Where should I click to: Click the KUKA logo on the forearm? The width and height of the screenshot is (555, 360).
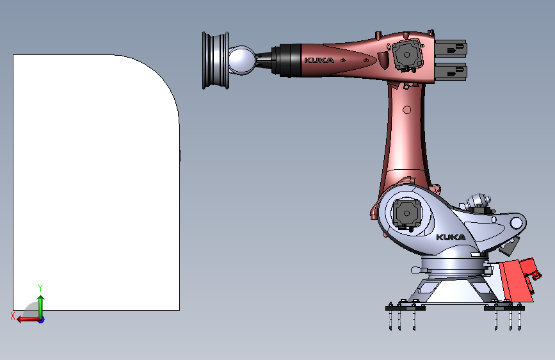coord(318,60)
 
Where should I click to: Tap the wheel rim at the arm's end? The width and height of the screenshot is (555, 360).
coord(213,60)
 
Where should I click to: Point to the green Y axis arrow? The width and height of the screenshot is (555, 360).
coord(40,304)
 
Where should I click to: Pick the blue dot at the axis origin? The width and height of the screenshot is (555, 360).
coord(40,319)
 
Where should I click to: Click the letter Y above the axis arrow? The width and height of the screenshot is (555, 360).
coord(40,288)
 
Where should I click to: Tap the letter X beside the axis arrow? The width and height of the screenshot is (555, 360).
coord(12,315)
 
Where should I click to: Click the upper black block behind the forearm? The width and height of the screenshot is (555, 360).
coord(451,47)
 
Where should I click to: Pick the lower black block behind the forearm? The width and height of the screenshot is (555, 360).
coord(451,72)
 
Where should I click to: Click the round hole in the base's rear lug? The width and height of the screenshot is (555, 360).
coord(516,223)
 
